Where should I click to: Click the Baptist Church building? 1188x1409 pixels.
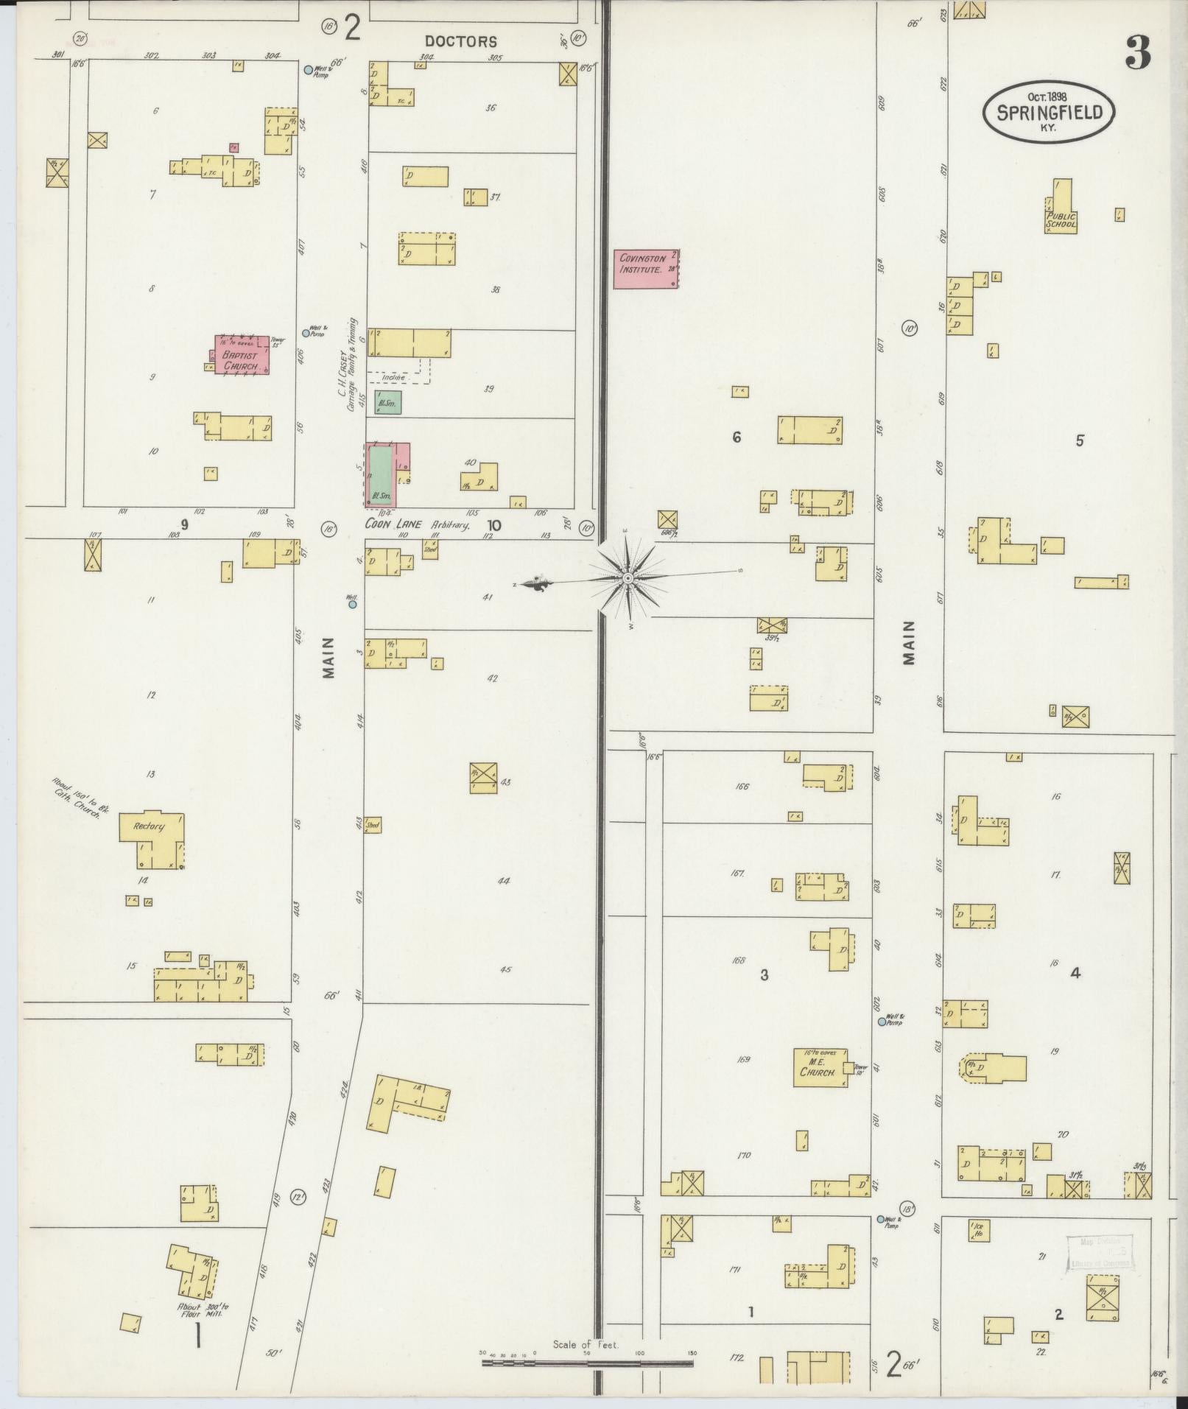(242, 355)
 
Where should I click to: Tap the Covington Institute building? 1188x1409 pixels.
(646, 269)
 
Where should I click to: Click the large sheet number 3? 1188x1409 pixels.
(1138, 53)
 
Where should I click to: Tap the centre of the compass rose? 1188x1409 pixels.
(627, 579)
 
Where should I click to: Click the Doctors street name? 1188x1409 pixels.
(462, 42)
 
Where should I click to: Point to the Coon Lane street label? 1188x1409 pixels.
(394, 524)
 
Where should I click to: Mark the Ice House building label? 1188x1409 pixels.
(978, 1229)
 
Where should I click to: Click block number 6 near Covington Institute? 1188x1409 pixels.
(736, 438)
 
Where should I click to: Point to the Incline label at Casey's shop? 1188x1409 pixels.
(393, 377)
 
